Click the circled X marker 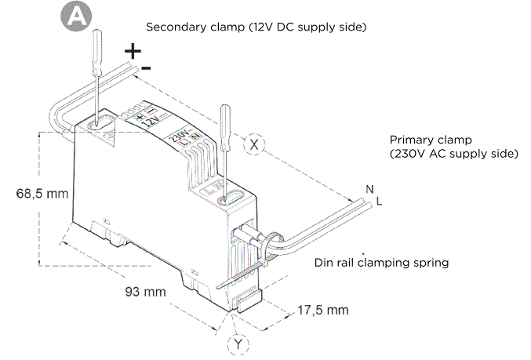point(256,144)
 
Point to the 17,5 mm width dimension point(322,310)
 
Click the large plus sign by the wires point(134,52)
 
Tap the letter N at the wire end point(369,189)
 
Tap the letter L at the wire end point(380,202)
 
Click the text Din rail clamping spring point(381,263)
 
